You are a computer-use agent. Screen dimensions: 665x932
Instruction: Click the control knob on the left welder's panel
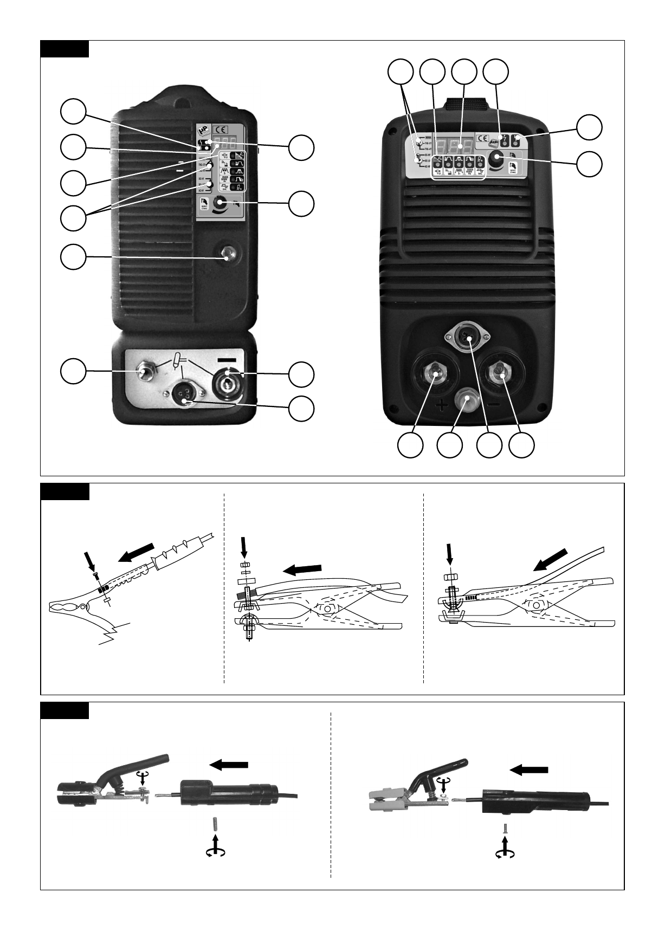220,204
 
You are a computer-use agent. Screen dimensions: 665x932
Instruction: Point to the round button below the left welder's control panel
228,253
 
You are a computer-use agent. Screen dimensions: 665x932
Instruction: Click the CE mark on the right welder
482,138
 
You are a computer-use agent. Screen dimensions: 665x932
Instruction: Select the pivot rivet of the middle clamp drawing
330,607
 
